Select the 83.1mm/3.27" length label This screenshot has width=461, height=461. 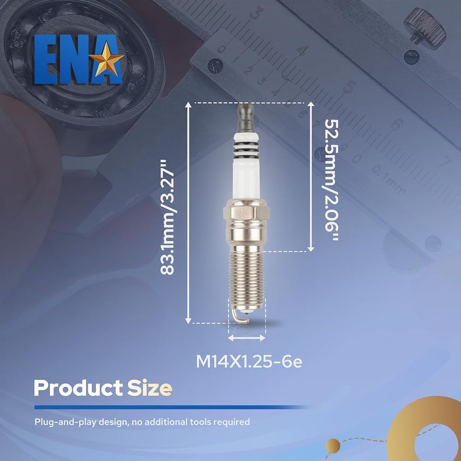pyautogui.click(x=167, y=217)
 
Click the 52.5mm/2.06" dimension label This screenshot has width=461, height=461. pyautogui.click(x=331, y=180)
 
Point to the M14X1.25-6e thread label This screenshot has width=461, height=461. pyautogui.click(x=249, y=361)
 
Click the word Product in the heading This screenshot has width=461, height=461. pyautogui.click(x=78, y=388)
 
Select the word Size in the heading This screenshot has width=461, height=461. pyautogui.click(x=150, y=388)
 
